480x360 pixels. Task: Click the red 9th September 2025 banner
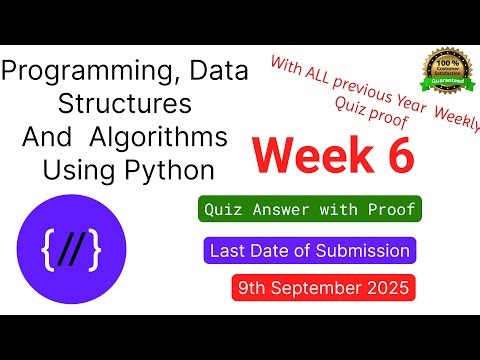pyautogui.click(x=322, y=289)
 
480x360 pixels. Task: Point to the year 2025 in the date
pyautogui.click(x=384, y=289)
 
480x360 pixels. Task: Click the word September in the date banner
pyautogui.click(x=317, y=289)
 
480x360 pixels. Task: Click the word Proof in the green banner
pyautogui.click(x=391, y=210)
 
